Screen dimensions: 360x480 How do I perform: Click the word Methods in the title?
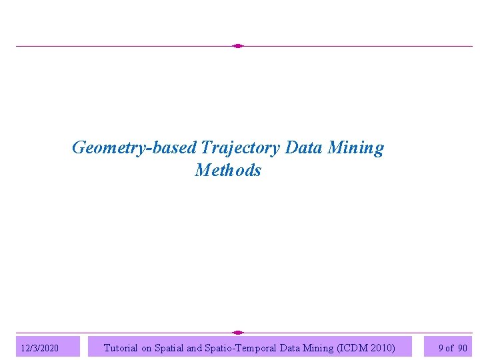228,171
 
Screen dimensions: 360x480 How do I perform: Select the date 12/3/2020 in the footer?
40,348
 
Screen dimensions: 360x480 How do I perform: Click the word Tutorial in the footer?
121,347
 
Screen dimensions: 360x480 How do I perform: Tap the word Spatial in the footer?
177,347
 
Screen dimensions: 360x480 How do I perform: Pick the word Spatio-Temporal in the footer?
255,347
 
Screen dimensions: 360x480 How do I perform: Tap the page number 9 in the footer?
441,348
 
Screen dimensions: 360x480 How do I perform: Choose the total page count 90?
463,348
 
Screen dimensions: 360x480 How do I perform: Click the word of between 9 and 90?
450,348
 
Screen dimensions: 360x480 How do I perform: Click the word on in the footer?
147,347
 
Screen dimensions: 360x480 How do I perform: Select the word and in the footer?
205,347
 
